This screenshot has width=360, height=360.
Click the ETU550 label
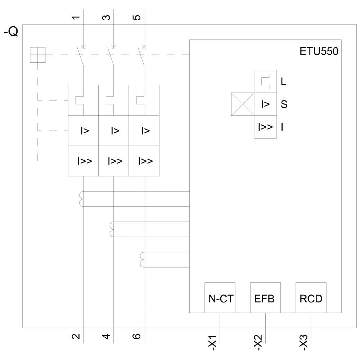tap(319, 51)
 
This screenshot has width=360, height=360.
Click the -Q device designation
tap(11, 32)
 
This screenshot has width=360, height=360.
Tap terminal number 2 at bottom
tap(76, 337)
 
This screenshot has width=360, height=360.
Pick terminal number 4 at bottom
tap(106, 337)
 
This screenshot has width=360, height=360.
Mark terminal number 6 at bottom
tap(137, 337)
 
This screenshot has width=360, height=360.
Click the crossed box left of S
tap(243, 104)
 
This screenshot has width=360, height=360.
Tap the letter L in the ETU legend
tap(284, 82)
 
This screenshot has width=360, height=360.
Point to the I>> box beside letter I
tap(265, 127)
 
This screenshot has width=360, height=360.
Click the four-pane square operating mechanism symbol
tap(37, 55)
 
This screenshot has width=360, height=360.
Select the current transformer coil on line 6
tap(143, 260)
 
